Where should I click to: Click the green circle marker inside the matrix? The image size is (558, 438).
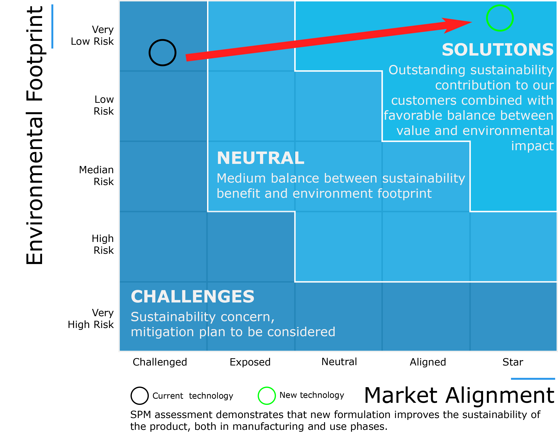(x=487, y=18)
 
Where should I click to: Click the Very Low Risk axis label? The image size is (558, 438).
(x=92, y=35)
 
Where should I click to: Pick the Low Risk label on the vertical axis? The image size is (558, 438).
(x=104, y=105)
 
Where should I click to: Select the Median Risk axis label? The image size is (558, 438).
(x=96, y=176)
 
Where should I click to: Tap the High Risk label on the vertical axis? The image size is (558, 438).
(x=103, y=244)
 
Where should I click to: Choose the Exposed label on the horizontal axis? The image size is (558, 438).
(x=250, y=362)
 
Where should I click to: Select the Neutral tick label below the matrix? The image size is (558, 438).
(x=339, y=362)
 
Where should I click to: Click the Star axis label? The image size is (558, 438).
(x=513, y=362)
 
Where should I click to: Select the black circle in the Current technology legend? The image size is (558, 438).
(x=131, y=396)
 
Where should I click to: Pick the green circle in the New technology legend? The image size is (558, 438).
(x=258, y=396)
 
